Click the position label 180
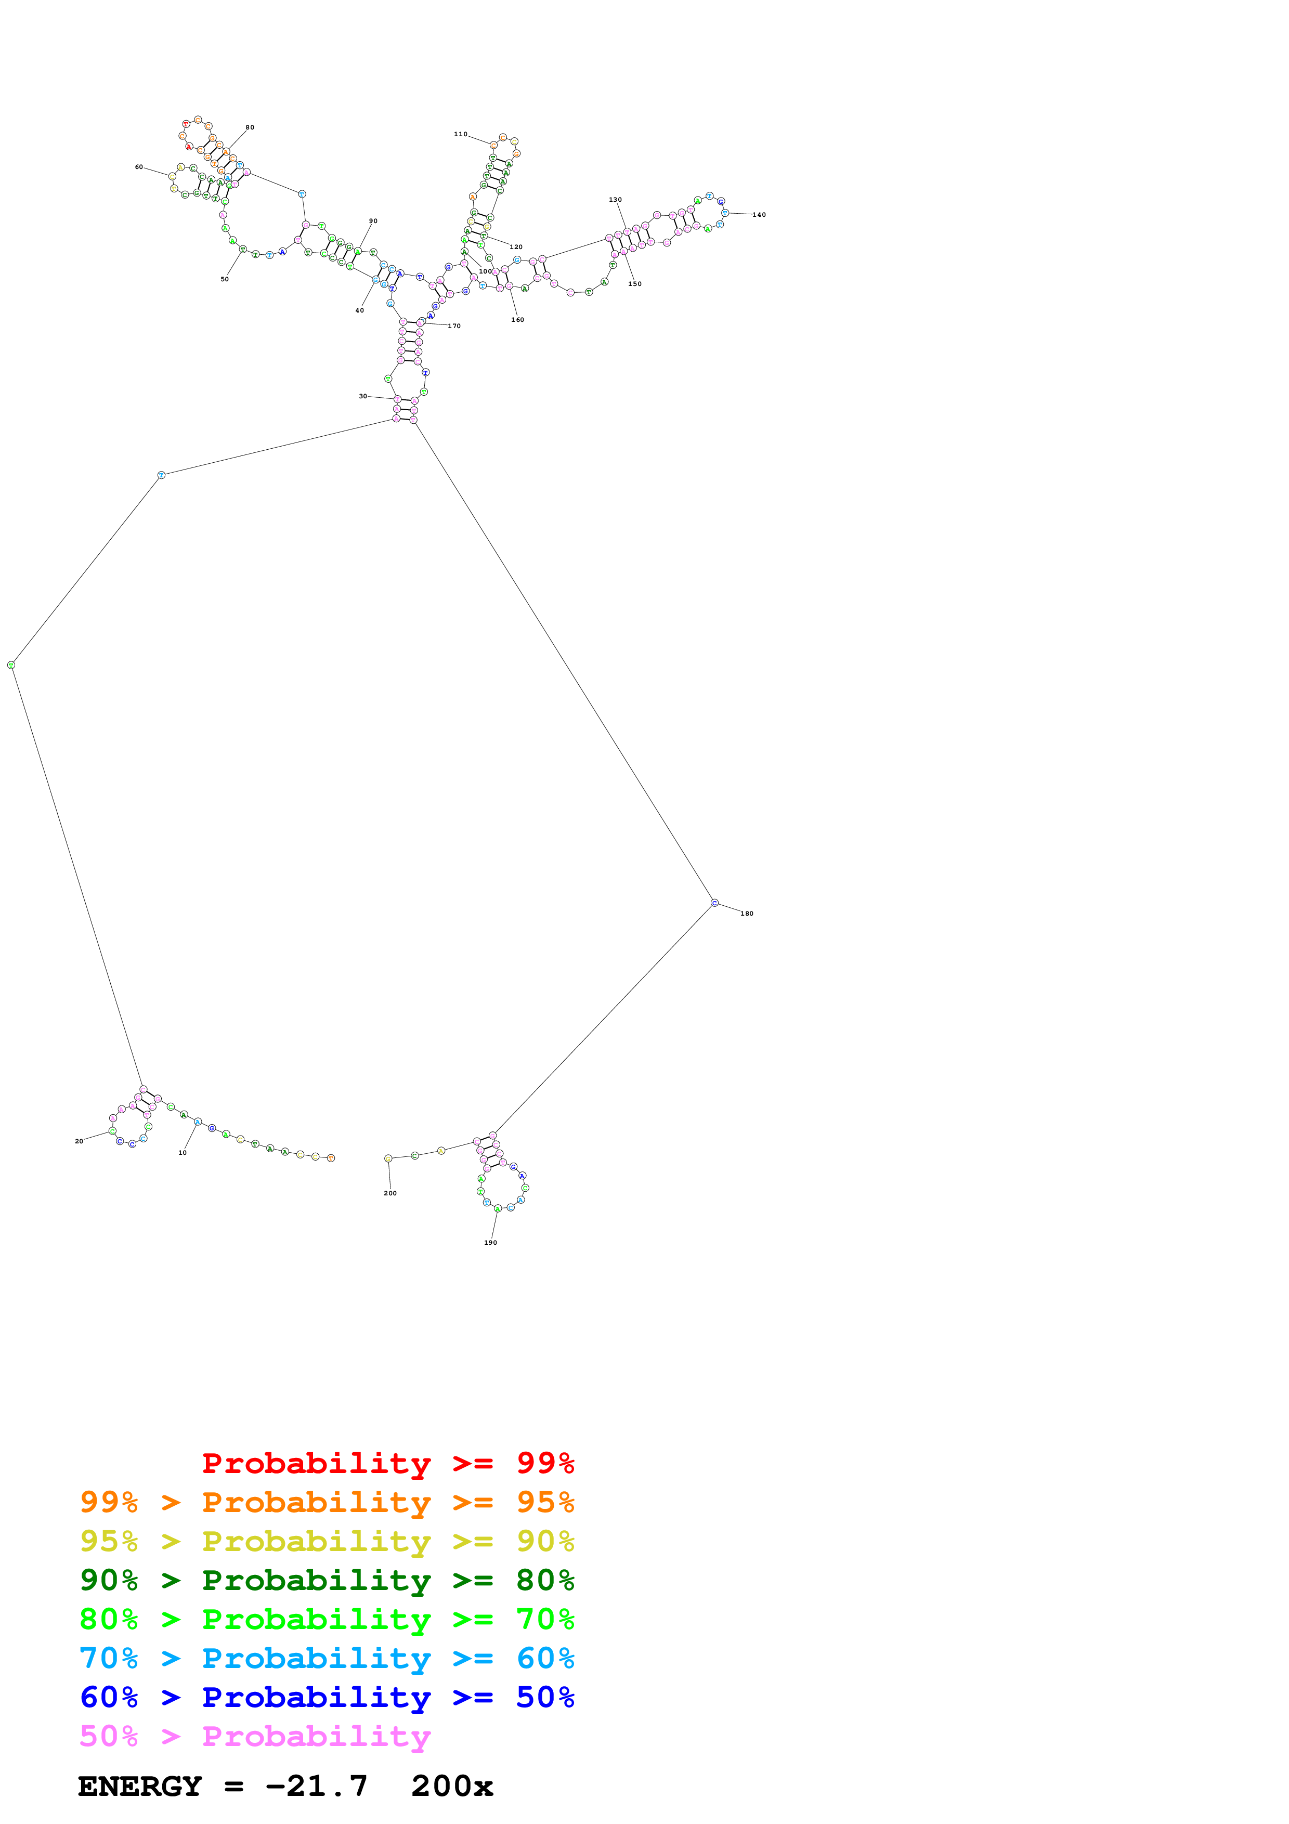747,914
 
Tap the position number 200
390,1193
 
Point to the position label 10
182,1153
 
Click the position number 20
79,1142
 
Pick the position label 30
363,396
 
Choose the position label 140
759,215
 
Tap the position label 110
461,134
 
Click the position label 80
250,127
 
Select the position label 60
139,167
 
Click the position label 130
616,200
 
